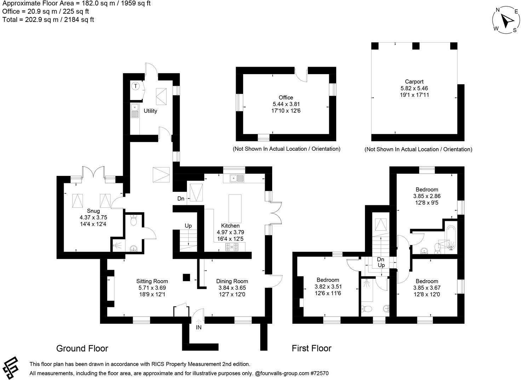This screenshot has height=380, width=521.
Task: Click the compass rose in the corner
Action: pyautogui.click(x=506, y=20)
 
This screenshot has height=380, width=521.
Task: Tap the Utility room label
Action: pyautogui.click(x=150, y=111)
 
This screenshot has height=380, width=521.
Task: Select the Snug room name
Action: pyautogui.click(x=94, y=211)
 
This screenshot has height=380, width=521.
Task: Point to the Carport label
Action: pyautogui.click(x=414, y=82)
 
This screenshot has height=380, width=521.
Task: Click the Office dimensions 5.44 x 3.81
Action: pyautogui.click(x=286, y=104)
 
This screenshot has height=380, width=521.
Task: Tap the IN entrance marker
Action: pyautogui.click(x=199, y=328)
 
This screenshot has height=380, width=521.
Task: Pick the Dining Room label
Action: pyautogui.click(x=232, y=281)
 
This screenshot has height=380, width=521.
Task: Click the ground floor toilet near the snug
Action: pyautogui.click(x=133, y=221)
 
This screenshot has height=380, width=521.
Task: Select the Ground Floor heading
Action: pyautogui.click(x=82, y=348)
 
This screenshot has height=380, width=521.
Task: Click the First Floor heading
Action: pyautogui.click(x=311, y=348)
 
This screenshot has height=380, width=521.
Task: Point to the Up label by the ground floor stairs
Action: pyautogui.click(x=188, y=226)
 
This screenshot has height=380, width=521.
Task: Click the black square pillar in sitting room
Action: pyautogui.click(x=186, y=277)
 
